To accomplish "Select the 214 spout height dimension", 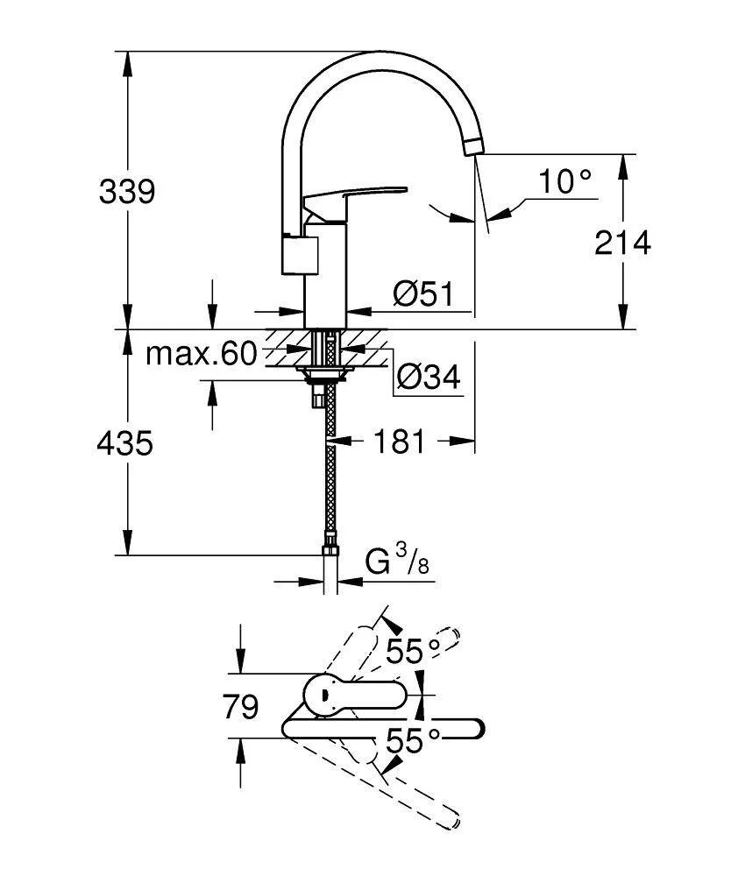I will click(x=622, y=243).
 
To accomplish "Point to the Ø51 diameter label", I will click(x=422, y=294).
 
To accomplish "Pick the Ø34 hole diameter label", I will click(x=428, y=378).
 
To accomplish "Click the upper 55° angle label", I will click(x=413, y=650).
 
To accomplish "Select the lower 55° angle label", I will click(x=413, y=741).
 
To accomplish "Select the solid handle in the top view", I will click(x=351, y=696).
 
